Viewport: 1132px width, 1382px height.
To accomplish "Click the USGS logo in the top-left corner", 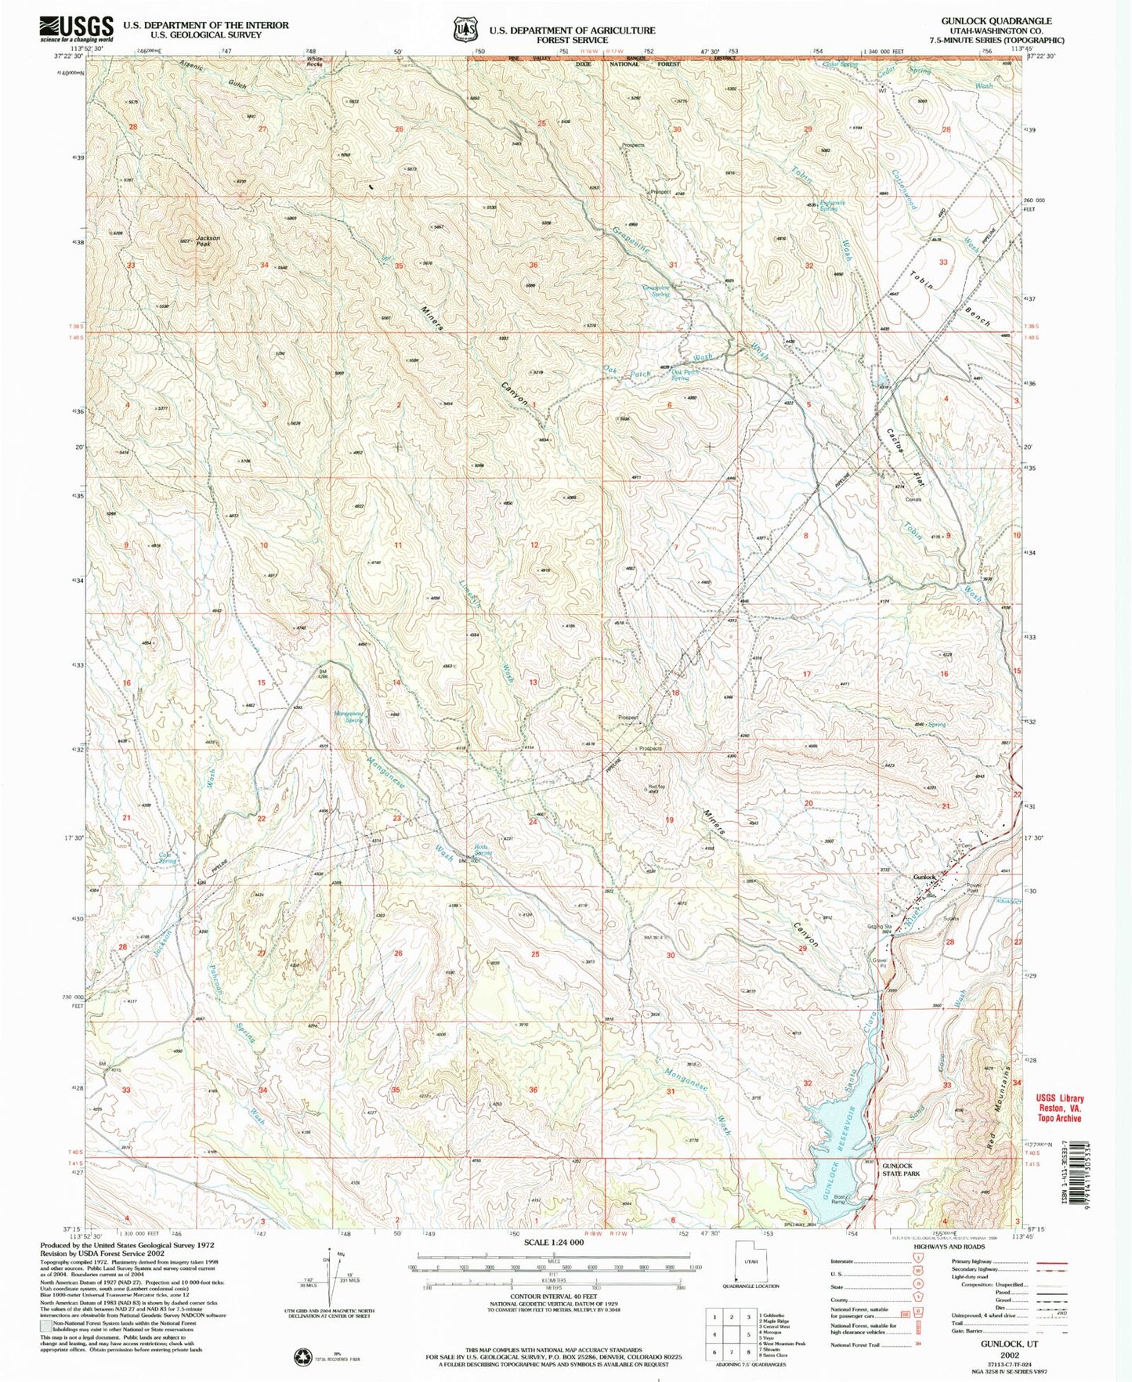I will [x=76, y=30].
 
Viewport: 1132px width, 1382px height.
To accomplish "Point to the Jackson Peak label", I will [x=208, y=241].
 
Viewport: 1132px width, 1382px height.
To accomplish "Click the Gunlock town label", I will [x=924, y=877].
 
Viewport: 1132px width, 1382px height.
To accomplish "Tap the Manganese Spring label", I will [x=348, y=716].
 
